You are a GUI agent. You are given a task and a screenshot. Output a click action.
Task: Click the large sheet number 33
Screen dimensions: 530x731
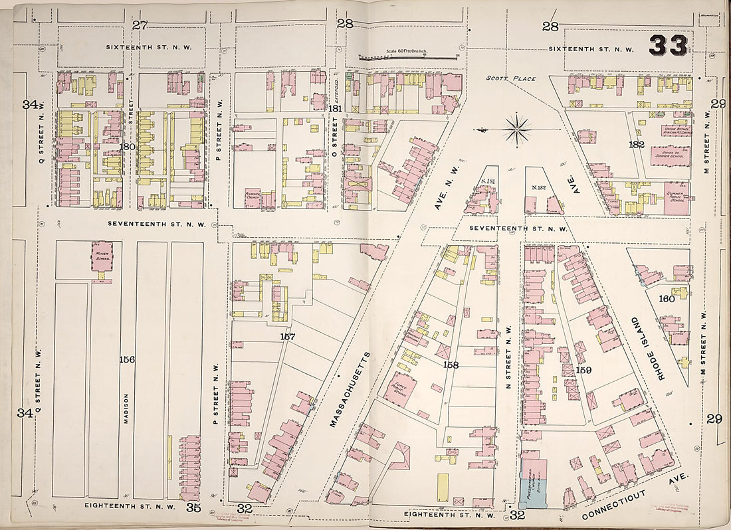[x=669, y=45]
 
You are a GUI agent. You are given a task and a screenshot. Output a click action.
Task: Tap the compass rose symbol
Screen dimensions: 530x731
[x=517, y=128]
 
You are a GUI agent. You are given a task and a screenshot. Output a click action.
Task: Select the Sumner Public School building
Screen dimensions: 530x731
[x=676, y=198]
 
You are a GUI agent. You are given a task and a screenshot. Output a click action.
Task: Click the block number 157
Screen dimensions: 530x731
[x=287, y=337]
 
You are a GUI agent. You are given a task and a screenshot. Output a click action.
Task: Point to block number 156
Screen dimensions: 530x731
[x=127, y=359]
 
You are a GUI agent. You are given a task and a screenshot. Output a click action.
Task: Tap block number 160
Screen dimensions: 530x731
[x=666, y=299]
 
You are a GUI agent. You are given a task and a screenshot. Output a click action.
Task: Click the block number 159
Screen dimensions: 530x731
[x=583, y=370]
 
